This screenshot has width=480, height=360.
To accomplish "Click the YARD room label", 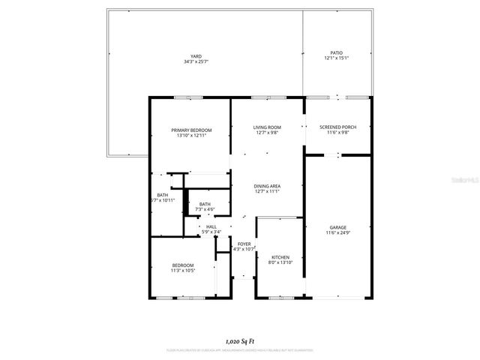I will (x=196, y=56).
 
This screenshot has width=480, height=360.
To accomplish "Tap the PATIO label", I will (x=337, y=52).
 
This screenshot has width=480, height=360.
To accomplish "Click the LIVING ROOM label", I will (x=267, y=127).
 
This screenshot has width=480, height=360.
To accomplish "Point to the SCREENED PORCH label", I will (x=337, y=127).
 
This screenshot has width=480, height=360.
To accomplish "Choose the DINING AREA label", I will (x=267, y=186).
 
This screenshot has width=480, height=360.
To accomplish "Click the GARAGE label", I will (x=337, y=227).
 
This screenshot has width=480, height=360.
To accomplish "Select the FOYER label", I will (x=244, y=244).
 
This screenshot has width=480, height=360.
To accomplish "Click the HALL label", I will (x=211, y=226).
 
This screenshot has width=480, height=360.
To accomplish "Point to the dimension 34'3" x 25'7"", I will (x=196, y=61).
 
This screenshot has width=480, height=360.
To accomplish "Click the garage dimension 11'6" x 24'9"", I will (x=337, y=232).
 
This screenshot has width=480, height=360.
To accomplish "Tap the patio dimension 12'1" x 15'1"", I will (x=337, y=58).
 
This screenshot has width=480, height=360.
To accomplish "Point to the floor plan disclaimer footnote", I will (x=240, y=349).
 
